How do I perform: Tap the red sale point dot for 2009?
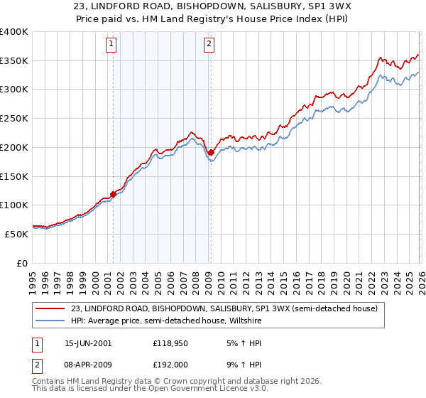[x=211, y=151]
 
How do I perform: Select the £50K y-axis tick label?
[x=16, y=234]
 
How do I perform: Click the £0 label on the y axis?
[x=22, y=263]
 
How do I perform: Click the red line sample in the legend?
[x=50, y=308]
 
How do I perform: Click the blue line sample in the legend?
[x=50, y=321]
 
